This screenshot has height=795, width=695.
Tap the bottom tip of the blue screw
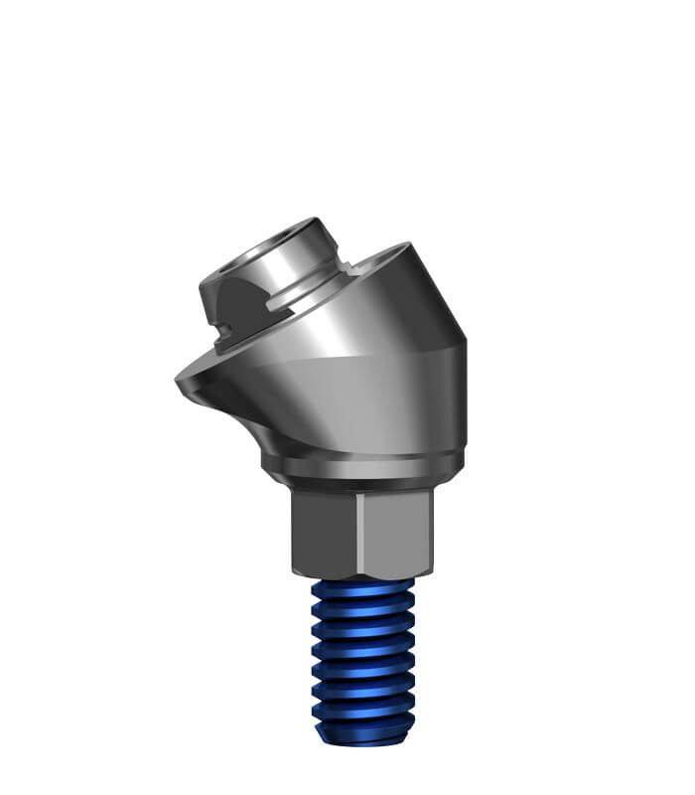pyautogui.click(x=362, y=738)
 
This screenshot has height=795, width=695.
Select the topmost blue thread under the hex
pyautogui.click(x=362, y=589)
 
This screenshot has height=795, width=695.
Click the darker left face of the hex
pyautogui.click(x=324, y=532)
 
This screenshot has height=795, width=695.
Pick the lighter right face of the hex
pyautogui.click(x=395, y=532)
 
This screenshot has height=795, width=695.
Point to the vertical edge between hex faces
pyautogui.click(x=358, y=532)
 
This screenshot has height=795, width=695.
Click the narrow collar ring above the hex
pyautogui.click(x=362, y=467)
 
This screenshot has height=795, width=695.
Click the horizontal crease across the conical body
pyautogui.click(x=357, y=356)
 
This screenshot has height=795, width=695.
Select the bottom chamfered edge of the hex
pyautogui.click(x=362, y=575)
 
